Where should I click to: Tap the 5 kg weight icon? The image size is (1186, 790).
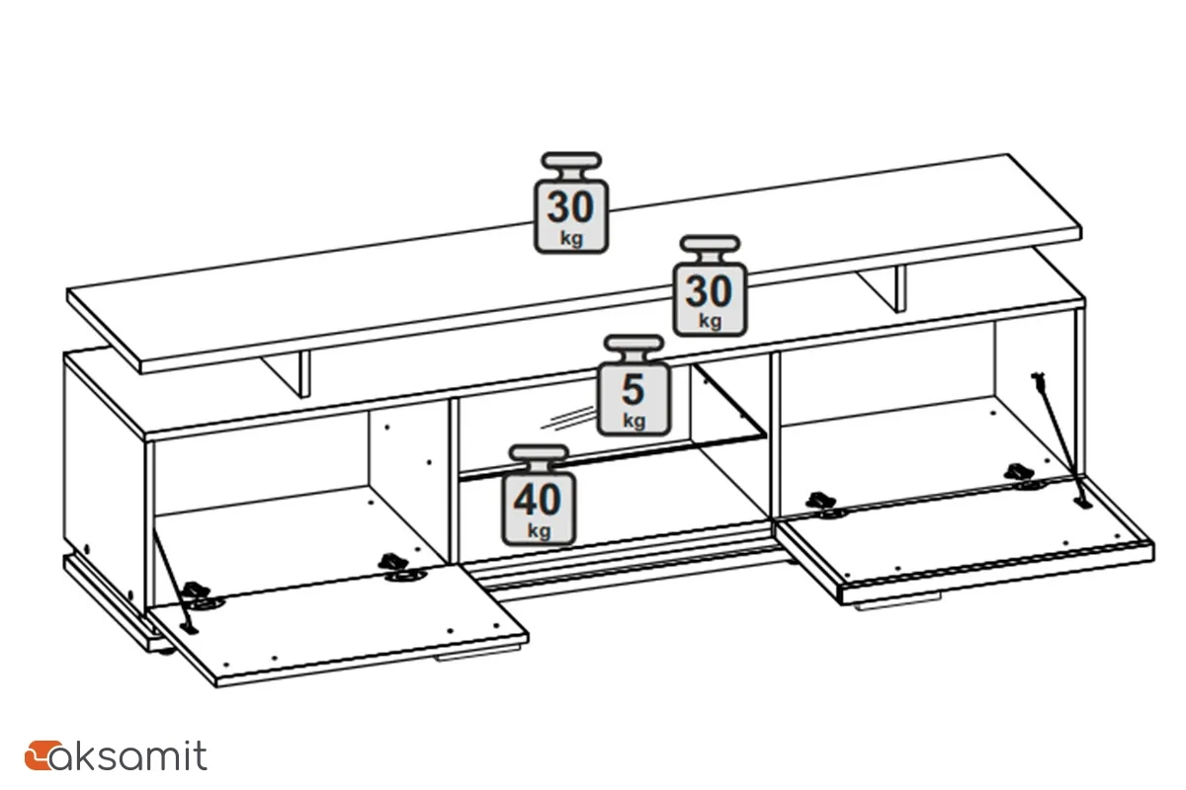pyautogui.click(x=634, y=386)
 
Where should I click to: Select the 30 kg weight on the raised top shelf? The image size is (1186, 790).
pyautogui.click(x=571, y=204)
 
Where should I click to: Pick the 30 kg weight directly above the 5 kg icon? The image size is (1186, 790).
pyautogui.click(x=710, y=287)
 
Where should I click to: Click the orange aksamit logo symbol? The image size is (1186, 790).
pyautogui.click(x=39, y=755)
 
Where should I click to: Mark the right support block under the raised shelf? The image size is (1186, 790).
pyautogui.click(x=885, y=286)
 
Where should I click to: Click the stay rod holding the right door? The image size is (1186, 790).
pyautogui.click(x=1059, y=434)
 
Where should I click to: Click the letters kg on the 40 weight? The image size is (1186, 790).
pyautogui.click(x=539, y=530)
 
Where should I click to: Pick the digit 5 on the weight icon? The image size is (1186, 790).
pyautogui.click(x=634, y=390)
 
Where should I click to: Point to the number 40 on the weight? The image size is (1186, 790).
pyautogui.click(x=539, y=501)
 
